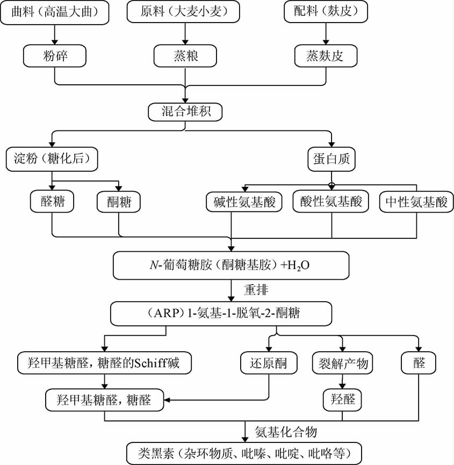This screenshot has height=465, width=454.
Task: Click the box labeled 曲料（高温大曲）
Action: [x=55, y=12]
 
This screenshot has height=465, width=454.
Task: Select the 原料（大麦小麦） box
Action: [x=185, y=12]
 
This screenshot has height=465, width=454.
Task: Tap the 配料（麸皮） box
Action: [x=326, y=12]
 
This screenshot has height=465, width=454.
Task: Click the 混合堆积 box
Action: [x=185, y=111]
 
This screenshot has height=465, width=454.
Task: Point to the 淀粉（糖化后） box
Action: [x=52, y=158]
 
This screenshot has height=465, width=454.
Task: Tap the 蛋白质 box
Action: [x=331, y=158]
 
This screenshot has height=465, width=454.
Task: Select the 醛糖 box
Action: [x=52, y=202]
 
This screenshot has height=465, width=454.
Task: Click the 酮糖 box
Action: [x=119, y=202]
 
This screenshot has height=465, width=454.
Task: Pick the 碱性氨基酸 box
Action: [x=244, y=202]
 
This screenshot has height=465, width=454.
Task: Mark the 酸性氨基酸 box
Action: [x=331, y=202]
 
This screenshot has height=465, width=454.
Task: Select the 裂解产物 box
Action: [x=341, y=364]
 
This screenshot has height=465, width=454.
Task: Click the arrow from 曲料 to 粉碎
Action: [x=55, y=34]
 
